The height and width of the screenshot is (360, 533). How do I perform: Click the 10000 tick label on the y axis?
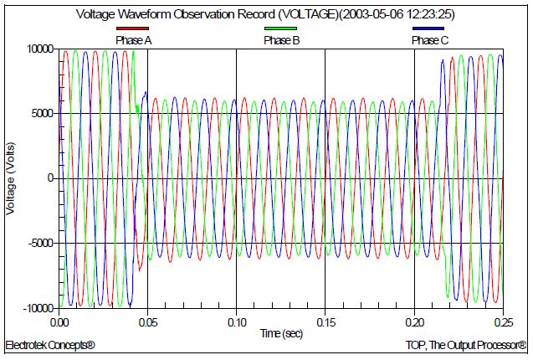[38, 49]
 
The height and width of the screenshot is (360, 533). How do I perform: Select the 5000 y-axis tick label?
[41, 114]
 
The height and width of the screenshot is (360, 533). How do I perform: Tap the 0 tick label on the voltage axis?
[50, 178]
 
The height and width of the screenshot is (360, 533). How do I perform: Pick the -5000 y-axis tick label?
[39, 244]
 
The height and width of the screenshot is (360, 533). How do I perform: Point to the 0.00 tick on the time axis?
[59, 321]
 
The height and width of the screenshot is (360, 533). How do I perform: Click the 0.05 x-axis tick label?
[148, 321]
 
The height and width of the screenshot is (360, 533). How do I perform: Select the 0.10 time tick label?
[237, 321]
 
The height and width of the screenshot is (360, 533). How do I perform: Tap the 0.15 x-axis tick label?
[325, 321]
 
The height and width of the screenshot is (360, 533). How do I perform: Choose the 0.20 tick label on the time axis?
[414, 321]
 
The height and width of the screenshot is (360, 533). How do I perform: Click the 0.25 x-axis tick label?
[502, 321]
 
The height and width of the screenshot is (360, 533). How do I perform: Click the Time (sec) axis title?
[282, 332]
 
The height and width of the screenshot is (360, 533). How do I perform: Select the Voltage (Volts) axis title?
[12, 178]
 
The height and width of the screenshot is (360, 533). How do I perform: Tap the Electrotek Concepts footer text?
[50, 345]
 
